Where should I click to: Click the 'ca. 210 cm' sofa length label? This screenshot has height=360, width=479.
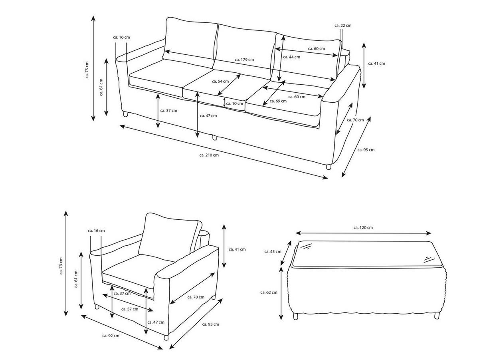coord(209,155)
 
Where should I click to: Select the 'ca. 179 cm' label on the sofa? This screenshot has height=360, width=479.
coord(244,60)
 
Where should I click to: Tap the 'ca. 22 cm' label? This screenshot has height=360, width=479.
coord(343,25)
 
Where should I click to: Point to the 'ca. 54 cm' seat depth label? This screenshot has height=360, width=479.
coord(220,81)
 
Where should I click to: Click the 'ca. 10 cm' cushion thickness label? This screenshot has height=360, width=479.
coord(234,103)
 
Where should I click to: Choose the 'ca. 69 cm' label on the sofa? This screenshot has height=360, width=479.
coord(278,101)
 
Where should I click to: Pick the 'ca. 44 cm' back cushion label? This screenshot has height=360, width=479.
coord(291,57)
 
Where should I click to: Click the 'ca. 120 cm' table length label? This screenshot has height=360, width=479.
coord(363,227)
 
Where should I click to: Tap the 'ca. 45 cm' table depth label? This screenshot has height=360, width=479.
coord(273,251)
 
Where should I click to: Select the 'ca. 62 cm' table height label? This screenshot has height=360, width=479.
coord(269,292)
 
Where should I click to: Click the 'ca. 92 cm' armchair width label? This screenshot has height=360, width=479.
coord(111,336)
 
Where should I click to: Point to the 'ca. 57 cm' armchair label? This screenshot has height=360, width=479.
coord(130,309)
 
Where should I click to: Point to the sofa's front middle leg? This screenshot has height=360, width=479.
coord(215,137)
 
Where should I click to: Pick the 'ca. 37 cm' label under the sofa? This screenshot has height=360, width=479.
coord(168,111)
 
